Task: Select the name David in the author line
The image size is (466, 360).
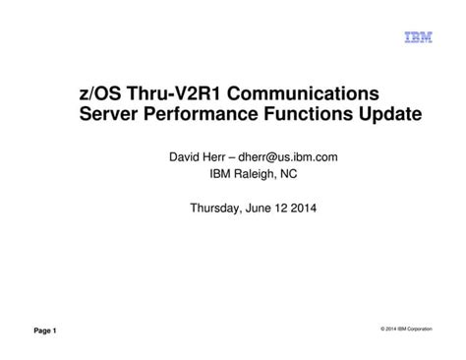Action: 179,155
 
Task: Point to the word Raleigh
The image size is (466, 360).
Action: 245,174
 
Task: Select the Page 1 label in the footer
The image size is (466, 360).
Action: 45,330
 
